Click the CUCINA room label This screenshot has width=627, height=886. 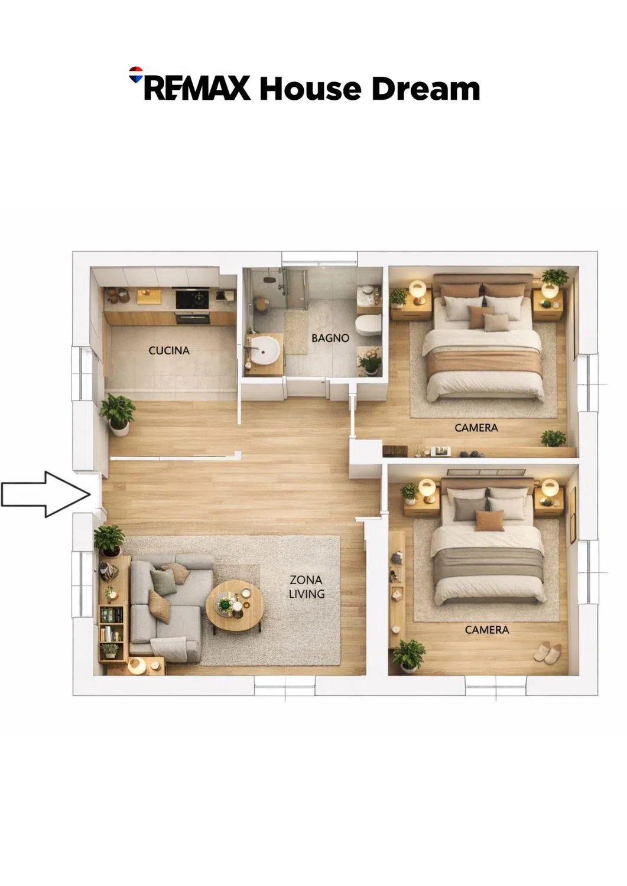168,350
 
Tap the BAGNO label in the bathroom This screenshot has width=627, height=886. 330,338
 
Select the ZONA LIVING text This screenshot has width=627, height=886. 306,587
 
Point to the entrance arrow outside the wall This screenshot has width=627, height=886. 46,494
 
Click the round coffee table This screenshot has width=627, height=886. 235,606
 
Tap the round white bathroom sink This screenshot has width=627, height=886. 266,350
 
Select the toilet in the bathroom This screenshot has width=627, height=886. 368,325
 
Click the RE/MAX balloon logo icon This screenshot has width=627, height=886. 136,74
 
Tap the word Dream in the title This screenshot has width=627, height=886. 426,89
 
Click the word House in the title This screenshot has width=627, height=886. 310,89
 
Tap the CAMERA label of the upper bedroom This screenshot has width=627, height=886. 476,428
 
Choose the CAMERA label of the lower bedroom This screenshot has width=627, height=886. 487,630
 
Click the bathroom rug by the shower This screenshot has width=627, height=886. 296,332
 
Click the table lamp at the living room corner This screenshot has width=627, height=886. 137,666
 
